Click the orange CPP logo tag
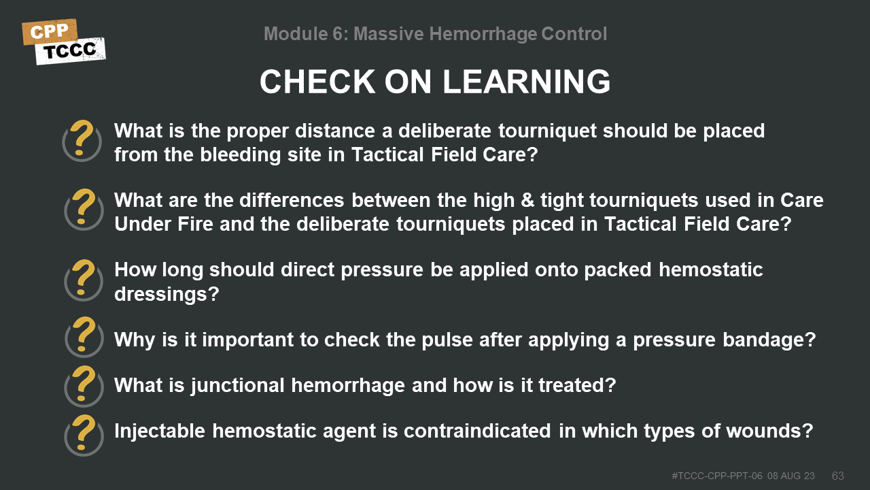[50, 31]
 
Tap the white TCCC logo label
[70, 51]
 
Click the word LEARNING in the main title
[526, 82]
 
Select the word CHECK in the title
[317, 82]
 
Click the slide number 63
[838, 476]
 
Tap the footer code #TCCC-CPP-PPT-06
[717, 476]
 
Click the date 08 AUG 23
[790, 476]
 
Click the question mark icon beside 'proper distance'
[82, 140]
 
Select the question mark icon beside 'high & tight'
[84, 209]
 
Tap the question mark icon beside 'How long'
[84, 280]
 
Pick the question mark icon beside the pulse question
[84, 337]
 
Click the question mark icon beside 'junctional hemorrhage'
[84, 386]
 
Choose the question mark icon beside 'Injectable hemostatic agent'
[84, 435]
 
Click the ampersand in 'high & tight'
[527, 200]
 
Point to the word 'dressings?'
[167, 294]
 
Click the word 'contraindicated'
[477, 431]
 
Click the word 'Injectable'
[160, 431]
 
